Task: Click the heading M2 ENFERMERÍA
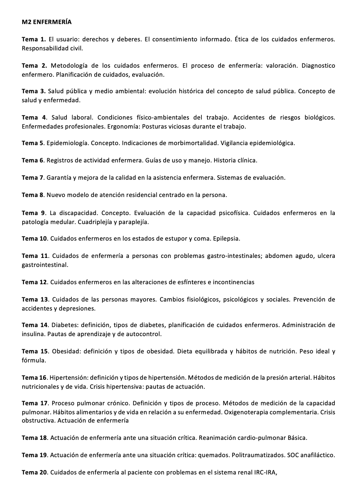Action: coord(47,22)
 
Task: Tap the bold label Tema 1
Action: coord(33,39)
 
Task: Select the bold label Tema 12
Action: coord(35,282)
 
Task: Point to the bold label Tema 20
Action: coord(35,472)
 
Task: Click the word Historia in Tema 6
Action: coord(225,160)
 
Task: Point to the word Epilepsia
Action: coord(226,238)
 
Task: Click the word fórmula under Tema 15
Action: coord(34,360)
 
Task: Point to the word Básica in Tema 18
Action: coord(297,438)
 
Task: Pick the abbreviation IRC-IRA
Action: coord(265,472)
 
